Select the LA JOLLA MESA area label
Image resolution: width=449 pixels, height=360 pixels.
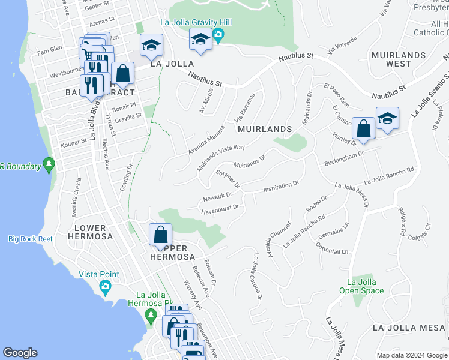[409, 328]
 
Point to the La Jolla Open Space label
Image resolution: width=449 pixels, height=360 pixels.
[365, 286]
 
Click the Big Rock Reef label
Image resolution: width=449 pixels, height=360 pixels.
[30, 239]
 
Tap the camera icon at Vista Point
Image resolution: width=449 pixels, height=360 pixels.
[106, 286]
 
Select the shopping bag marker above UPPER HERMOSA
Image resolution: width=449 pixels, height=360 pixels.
[161, 235]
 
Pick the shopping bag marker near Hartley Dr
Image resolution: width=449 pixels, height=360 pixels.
[363, 128]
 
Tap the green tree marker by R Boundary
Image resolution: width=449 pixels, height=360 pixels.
[49, 164]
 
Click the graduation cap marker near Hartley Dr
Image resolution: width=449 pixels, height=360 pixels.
[387, 118]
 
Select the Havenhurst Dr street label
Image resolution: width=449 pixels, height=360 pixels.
[220, 208]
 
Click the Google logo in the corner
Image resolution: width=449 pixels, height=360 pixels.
[20, 353]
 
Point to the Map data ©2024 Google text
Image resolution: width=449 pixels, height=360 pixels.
[411, 355]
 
